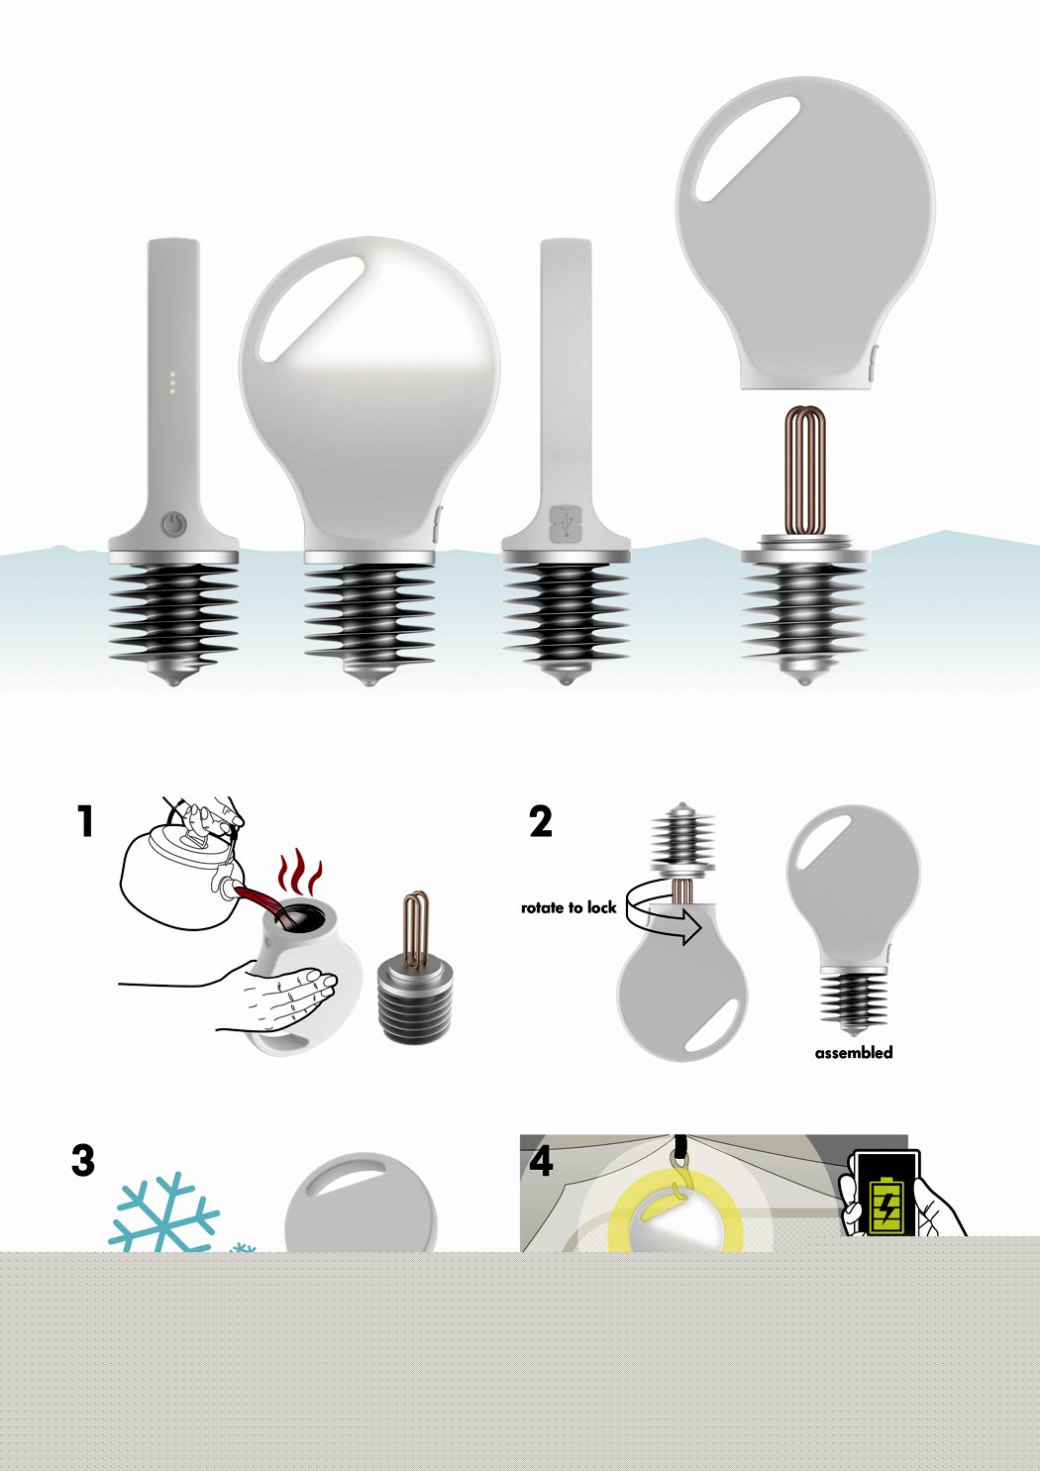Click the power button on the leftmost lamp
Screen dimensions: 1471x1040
click(x=173, y=522)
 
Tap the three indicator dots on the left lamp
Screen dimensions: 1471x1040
click(x=173, y=382)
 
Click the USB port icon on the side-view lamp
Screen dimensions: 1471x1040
click(x=566, y=522)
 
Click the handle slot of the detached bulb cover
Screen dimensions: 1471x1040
click(x=748, y=149)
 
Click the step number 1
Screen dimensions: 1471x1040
click(x=85, y=821)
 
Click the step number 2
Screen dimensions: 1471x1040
click(x=541, y=821)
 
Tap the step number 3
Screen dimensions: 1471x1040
click(x=83, y=1160)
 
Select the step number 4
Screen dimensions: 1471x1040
click(x=541, y=1160)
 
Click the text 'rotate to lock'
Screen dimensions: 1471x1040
click(x=569, y=907)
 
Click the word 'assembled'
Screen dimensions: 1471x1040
click(x=853, y=1053)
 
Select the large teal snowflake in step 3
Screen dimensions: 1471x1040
click(x=164, y=1213)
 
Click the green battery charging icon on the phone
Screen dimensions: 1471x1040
click(x=881, y=1202)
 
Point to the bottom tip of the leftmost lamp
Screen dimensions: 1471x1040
click(x=173, y=683)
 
